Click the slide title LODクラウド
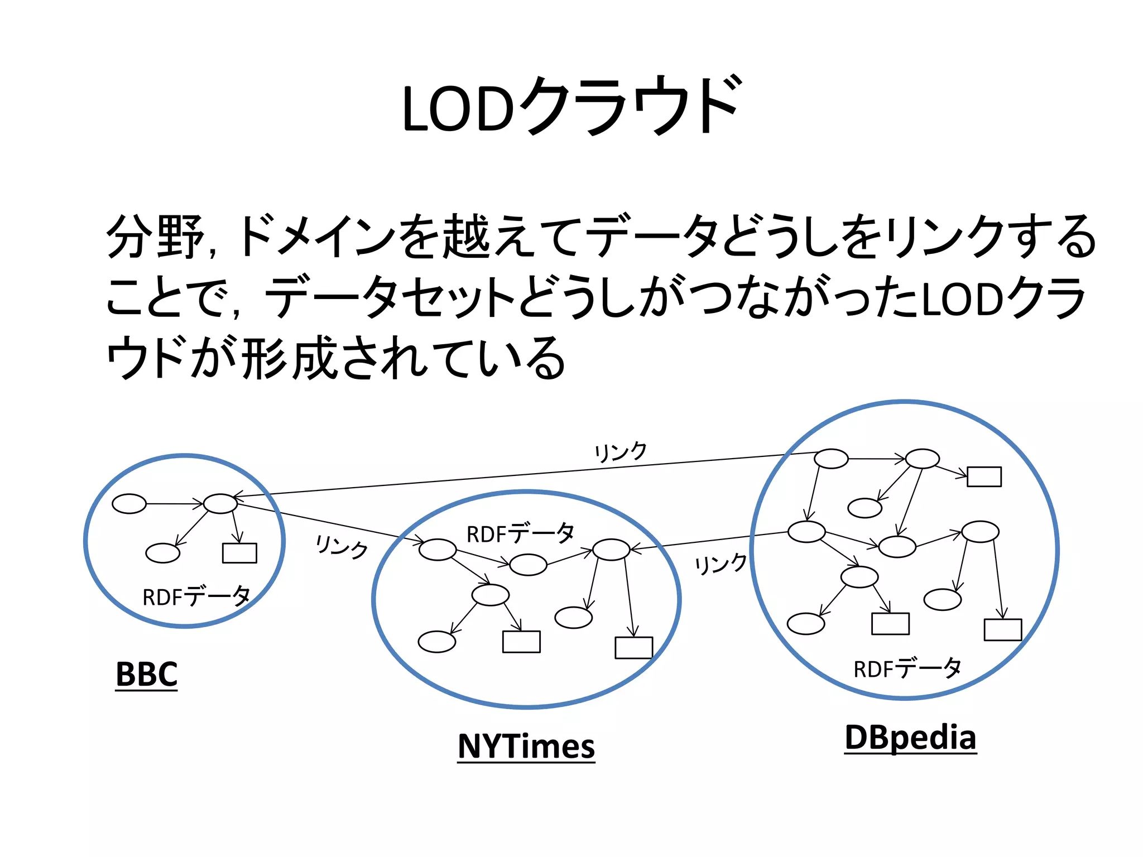tap(571, 106)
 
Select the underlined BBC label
tap(146, 674)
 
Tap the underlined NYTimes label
tap(526, 746)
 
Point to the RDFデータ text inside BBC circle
tap(196, 596)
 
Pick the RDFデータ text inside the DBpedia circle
tap(907, 668)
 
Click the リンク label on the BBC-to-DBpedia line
tap(621, 452)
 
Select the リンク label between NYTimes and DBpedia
tap(721, 564)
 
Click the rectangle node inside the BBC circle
tap(239, 553)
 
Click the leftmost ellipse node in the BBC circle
tap(129, 503)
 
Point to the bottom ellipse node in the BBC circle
tap(162, 553)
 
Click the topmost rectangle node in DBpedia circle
tap(984, 476)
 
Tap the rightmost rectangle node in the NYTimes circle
tap(633, 648)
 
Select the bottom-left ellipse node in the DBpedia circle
tap(805, 624)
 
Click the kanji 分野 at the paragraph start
tap(155, 237)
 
